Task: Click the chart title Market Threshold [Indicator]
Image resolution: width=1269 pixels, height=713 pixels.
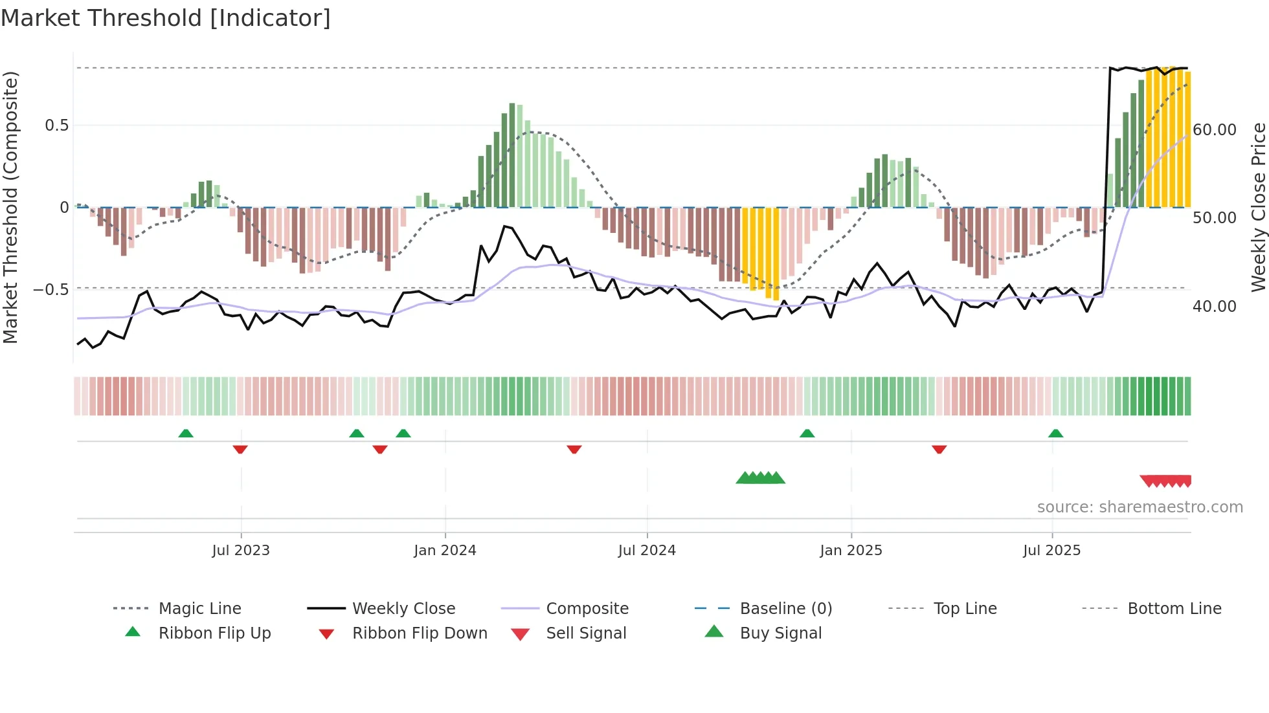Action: (166, 18)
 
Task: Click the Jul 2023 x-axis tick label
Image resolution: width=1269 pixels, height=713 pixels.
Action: (241, 551)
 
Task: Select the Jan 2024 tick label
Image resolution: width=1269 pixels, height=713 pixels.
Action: (445, 551)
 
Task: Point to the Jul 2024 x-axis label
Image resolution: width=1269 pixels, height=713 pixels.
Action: (647, 551)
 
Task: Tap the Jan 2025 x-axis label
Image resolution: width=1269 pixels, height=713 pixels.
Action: (851, 551)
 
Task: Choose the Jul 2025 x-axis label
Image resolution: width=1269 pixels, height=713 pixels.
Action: (1052, 551)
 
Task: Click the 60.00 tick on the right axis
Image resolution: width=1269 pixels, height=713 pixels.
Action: (1215, 130)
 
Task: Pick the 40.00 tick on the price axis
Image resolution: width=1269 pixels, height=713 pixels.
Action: (1215, 307)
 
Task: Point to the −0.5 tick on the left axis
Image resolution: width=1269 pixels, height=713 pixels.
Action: (51, 289)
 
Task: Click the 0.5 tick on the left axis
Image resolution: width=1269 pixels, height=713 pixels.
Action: (56, 126)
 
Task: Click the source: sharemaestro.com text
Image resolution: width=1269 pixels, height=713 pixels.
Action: (1140, 507)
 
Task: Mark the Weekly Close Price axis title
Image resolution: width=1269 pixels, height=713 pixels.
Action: (1258, 207)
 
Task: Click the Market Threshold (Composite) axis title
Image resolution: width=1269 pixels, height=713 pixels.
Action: (10, 207)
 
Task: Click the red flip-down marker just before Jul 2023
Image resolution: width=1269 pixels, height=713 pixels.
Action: (240, 449)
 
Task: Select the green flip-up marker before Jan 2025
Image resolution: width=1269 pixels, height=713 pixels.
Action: (807, 433)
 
